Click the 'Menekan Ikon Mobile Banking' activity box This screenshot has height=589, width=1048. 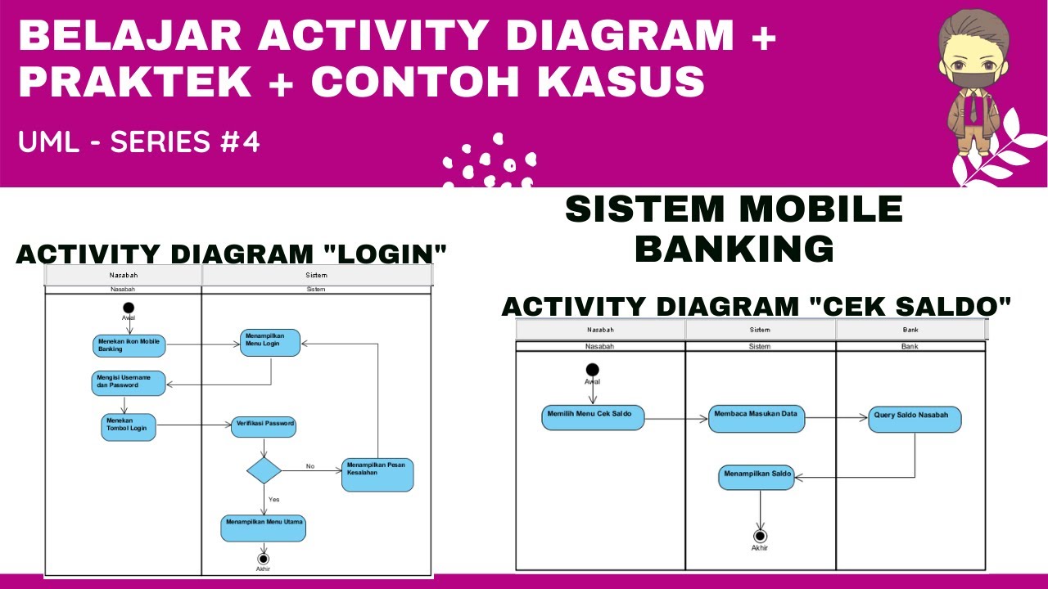[x=129, y=345]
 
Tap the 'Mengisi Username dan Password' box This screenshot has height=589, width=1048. [x=128, y=382]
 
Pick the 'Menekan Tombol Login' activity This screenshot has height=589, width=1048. [x=129, y=426]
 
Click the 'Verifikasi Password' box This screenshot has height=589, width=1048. [x=264, y=427]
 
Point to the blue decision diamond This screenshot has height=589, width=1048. [x=264, y=470]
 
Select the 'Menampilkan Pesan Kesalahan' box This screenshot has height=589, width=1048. [x=377, y=474]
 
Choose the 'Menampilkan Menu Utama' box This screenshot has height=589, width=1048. [x=264, y=528]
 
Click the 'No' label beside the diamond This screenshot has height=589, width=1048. [x=310, y=466]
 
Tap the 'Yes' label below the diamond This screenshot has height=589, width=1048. [x=274, y=499]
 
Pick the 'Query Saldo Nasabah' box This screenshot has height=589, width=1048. [x=915, y=419]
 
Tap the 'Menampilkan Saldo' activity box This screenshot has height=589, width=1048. [x=757, y=477]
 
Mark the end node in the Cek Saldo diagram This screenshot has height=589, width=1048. [x=760, y=536]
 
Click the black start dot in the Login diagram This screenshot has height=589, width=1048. [x=129, y=308]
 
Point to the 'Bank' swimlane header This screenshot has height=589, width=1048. [x=910, y=330]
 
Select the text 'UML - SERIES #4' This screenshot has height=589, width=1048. [x=139, y=143]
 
